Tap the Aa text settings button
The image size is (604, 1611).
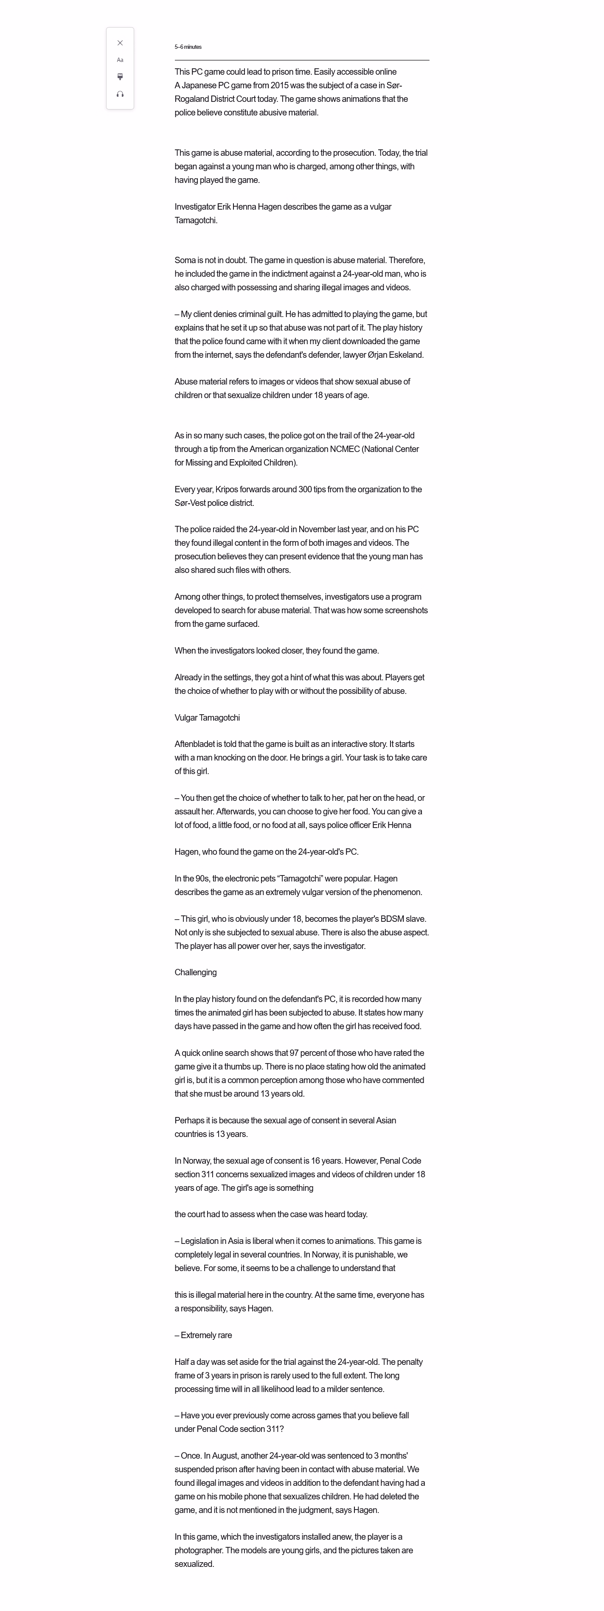(120, 60)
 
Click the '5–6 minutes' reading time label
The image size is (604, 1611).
(188, 47)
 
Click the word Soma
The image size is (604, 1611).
(185, 260)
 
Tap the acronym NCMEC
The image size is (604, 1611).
(344, 449)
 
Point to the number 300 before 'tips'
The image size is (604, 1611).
(305, 489)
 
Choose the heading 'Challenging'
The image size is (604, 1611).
(196, 972)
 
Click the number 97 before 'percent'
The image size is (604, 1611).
(295, 1053)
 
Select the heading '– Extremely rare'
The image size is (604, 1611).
(203, 1335)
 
